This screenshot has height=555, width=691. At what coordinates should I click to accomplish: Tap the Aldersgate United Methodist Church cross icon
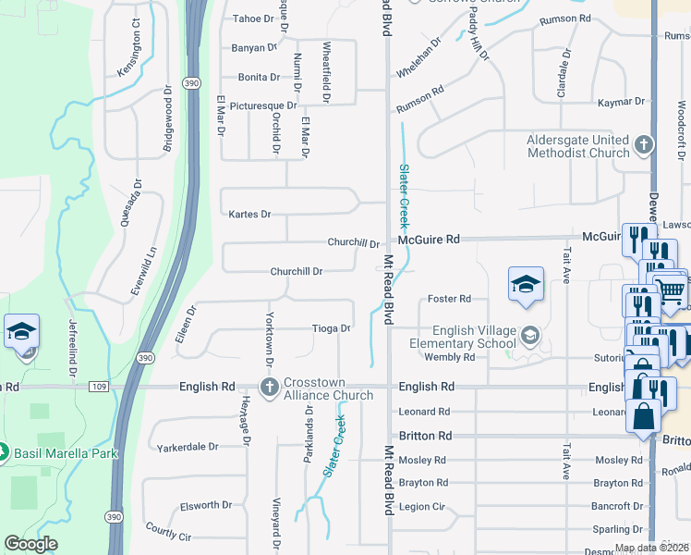(x=644, y=145)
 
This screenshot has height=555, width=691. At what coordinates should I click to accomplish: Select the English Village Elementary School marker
(x=530, y=334)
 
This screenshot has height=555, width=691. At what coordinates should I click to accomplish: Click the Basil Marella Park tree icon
(x=5, y=453)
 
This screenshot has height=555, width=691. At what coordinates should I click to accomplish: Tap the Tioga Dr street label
(x=331, y=328)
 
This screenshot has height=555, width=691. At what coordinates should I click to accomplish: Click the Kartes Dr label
(x=249, y=215)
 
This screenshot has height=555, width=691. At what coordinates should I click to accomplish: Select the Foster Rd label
(x=449, y=299)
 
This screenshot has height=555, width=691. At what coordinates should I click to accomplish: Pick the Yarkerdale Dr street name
(x=188, y=446)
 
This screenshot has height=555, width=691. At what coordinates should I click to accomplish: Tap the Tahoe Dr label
(x=254, y=18)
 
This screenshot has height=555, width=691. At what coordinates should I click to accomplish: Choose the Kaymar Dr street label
(x=620, y=101)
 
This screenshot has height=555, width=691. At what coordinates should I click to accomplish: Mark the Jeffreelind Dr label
(x=71, y=349)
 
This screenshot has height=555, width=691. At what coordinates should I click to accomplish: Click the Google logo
(x=30, y=543)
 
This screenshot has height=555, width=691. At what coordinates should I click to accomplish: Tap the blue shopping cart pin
(x=671, y=291)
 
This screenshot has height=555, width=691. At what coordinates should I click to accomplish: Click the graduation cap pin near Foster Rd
(x=526, y=283)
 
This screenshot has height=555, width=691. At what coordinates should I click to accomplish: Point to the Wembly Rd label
(x=449, y=357)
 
